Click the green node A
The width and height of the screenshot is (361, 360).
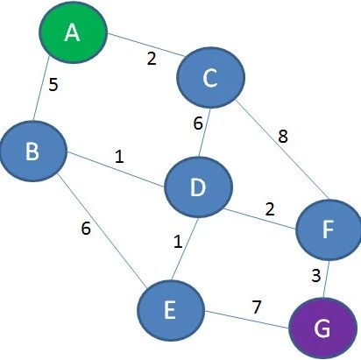74,32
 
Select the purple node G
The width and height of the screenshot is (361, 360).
323,328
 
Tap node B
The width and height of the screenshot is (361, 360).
33,151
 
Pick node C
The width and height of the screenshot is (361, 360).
210,77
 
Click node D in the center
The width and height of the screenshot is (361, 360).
199,187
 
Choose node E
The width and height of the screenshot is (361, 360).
171,310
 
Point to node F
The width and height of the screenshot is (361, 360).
329,229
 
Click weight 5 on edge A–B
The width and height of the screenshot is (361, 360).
53,85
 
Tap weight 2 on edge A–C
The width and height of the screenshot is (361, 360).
152,59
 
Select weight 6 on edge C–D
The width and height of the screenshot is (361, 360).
198,124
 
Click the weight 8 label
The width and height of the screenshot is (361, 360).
283,136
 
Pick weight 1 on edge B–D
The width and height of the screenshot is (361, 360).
119,157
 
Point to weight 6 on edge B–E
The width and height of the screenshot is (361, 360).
86,229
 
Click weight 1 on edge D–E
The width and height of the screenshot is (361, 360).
178,242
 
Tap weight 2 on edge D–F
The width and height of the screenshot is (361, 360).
270,209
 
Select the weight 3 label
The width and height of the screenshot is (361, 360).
316,276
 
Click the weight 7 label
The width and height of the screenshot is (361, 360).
256,307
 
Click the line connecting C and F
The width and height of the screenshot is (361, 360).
282,150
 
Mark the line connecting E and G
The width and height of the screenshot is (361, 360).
247,320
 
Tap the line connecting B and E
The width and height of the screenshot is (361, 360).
102,230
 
